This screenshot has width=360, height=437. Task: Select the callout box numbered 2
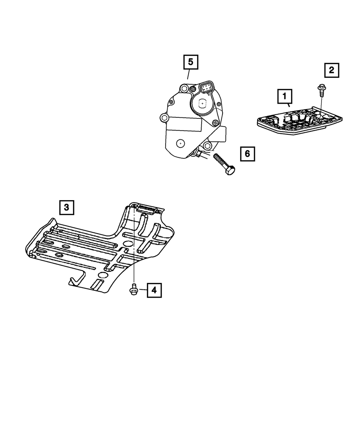(x=332, y=70)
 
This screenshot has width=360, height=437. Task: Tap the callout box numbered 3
(x=67, y=207)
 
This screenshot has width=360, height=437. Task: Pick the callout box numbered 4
(x=154, y=290)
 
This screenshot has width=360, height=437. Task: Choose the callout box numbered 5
(x=190, y=62)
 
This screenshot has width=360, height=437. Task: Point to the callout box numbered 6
(x=247, y=154)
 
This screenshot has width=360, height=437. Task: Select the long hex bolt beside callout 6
(x=223, y=163)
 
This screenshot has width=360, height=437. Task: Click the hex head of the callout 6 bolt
(x=229, y=170)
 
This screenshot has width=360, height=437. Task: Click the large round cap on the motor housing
(x=203, y=103)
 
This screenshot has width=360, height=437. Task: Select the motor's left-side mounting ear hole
(x=164, y=118)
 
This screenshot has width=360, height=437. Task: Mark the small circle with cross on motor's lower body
(x=179, y=143)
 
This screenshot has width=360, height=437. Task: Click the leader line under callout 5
(x=188, y=74)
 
